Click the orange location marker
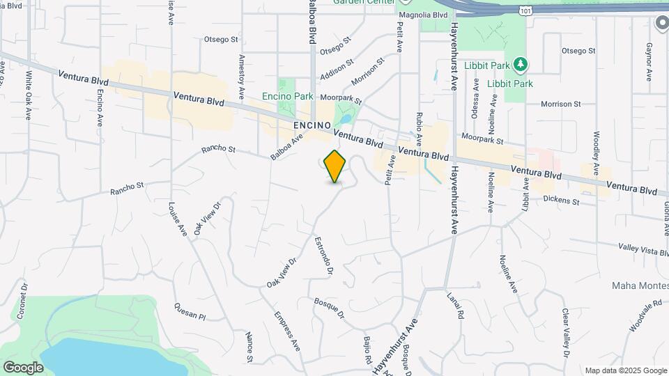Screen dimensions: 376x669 click(x=335, y=166)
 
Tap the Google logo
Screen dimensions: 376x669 click(x=23, y=367)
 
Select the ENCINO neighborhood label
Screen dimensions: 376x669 click(x=310, y=124)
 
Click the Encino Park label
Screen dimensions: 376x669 click(x=288, y=96)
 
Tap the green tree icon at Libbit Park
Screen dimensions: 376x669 click(x=520, y=65)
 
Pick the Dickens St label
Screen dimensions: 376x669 click(x=562, y=201)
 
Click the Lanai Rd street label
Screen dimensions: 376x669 click(x=455, y=304)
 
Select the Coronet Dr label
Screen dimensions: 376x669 click(x=23, y=298)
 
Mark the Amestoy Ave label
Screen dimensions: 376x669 click(x=241, y=76)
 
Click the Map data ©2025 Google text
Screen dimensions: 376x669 click(x=626, y=370)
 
